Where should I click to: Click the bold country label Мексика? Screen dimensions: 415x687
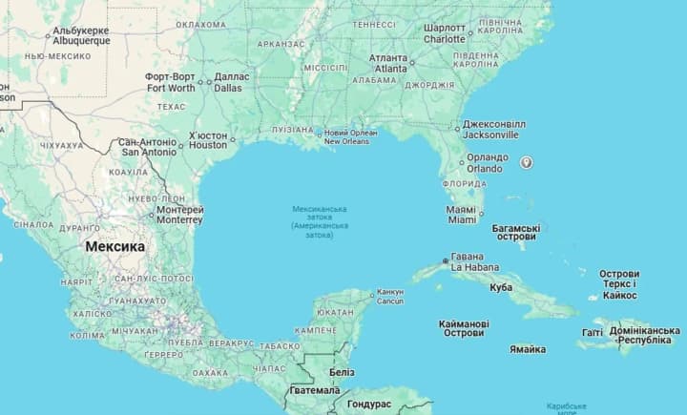115,246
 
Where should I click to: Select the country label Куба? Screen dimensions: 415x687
500,287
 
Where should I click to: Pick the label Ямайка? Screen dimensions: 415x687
528,349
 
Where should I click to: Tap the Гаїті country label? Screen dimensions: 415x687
592,333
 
